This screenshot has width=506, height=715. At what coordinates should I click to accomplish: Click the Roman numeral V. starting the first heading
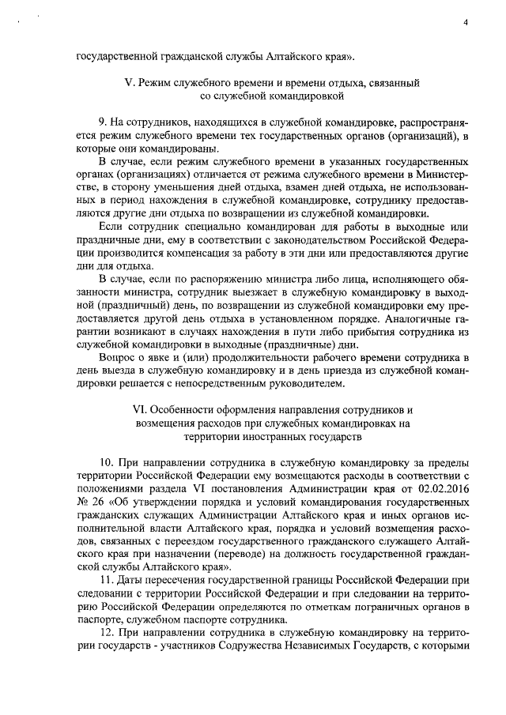[x=131, y=82]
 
